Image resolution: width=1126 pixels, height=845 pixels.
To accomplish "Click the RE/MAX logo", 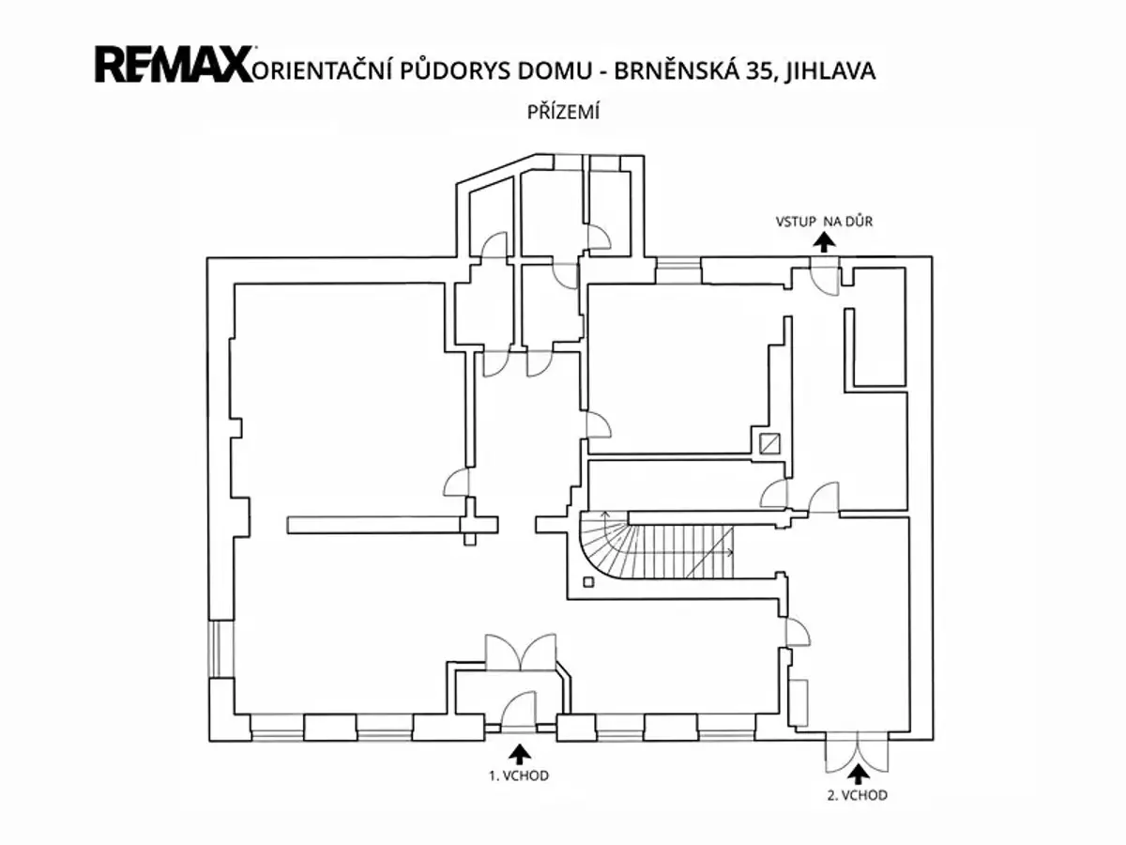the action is (174, 64).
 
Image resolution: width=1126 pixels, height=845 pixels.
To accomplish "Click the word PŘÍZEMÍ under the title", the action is (563, 112).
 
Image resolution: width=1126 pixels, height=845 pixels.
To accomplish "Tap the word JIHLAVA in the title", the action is (830, 70).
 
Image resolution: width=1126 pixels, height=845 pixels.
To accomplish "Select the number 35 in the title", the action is (757, 70).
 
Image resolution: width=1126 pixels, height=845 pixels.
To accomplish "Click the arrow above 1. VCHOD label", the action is (520, 754).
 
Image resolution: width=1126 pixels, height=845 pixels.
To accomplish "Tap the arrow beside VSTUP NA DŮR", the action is (824, 242).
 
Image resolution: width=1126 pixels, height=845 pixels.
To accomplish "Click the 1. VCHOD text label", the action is (519, 776).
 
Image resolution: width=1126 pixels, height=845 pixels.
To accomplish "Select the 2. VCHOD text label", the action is (858, 795).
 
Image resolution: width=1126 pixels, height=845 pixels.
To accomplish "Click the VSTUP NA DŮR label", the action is (824, 222).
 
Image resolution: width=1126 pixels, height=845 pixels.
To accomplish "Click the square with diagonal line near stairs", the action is (769, 444).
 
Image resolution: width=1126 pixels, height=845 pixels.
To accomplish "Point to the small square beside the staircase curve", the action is (588, 582).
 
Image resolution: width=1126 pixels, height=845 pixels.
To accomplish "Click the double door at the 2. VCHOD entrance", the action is (856, 753).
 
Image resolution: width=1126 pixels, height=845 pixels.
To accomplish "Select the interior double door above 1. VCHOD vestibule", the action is (520, 653).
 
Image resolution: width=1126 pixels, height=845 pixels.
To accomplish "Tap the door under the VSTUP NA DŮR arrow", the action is (825, 277).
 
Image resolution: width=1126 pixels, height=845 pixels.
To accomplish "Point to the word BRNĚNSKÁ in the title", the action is (676, 70).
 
